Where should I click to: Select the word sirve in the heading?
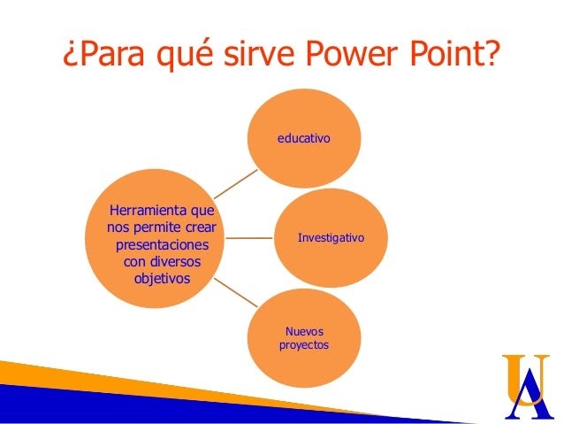[x=259, y=53]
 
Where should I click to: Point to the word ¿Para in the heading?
[x=104, y=55]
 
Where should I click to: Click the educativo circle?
[x=304, y=138]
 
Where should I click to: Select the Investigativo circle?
[x=331, y=238]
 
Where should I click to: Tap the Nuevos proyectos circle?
[x=304, y=338]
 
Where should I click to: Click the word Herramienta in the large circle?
[x=149, y=210]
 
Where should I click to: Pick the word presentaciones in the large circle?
[x=163, y=245]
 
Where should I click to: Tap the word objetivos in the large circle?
[x=162, y=279]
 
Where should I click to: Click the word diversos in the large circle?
[x=176, y=261]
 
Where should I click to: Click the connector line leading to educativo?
[x=236, y=184]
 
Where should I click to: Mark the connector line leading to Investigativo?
[x=249, y=238]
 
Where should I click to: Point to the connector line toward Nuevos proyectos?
[x=236, y=292]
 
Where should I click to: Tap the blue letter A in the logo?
[x=530, y=397]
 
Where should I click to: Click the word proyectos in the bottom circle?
[x=304, y=345]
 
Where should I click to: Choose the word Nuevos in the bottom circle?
[x=304, y=331]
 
